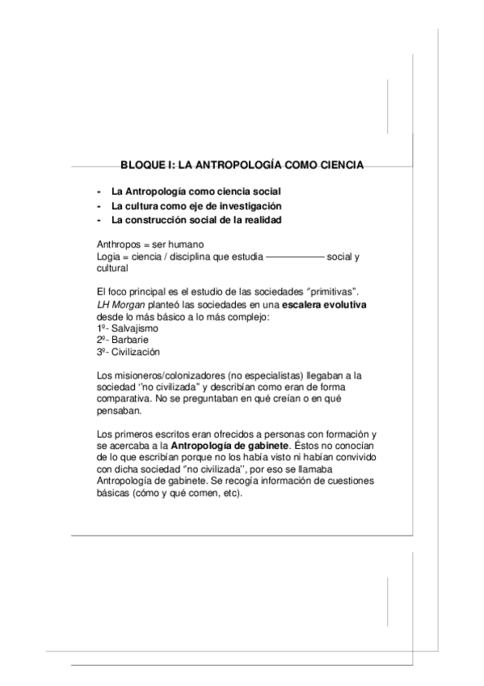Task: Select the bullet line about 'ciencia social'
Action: [192, 192]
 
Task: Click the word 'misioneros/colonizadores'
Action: [170, 375]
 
